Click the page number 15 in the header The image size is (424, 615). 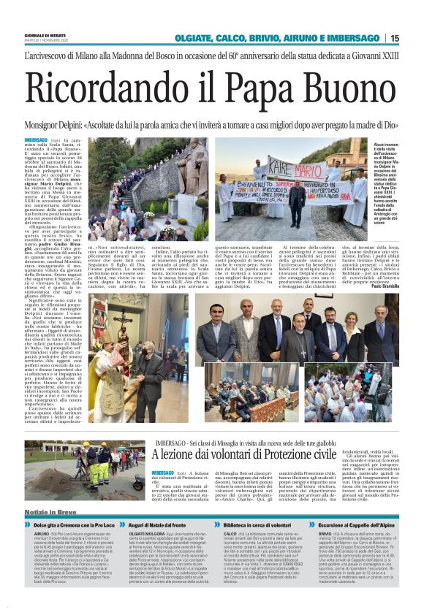414,38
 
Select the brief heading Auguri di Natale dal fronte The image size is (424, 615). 164,525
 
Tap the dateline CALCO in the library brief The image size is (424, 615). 231,534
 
